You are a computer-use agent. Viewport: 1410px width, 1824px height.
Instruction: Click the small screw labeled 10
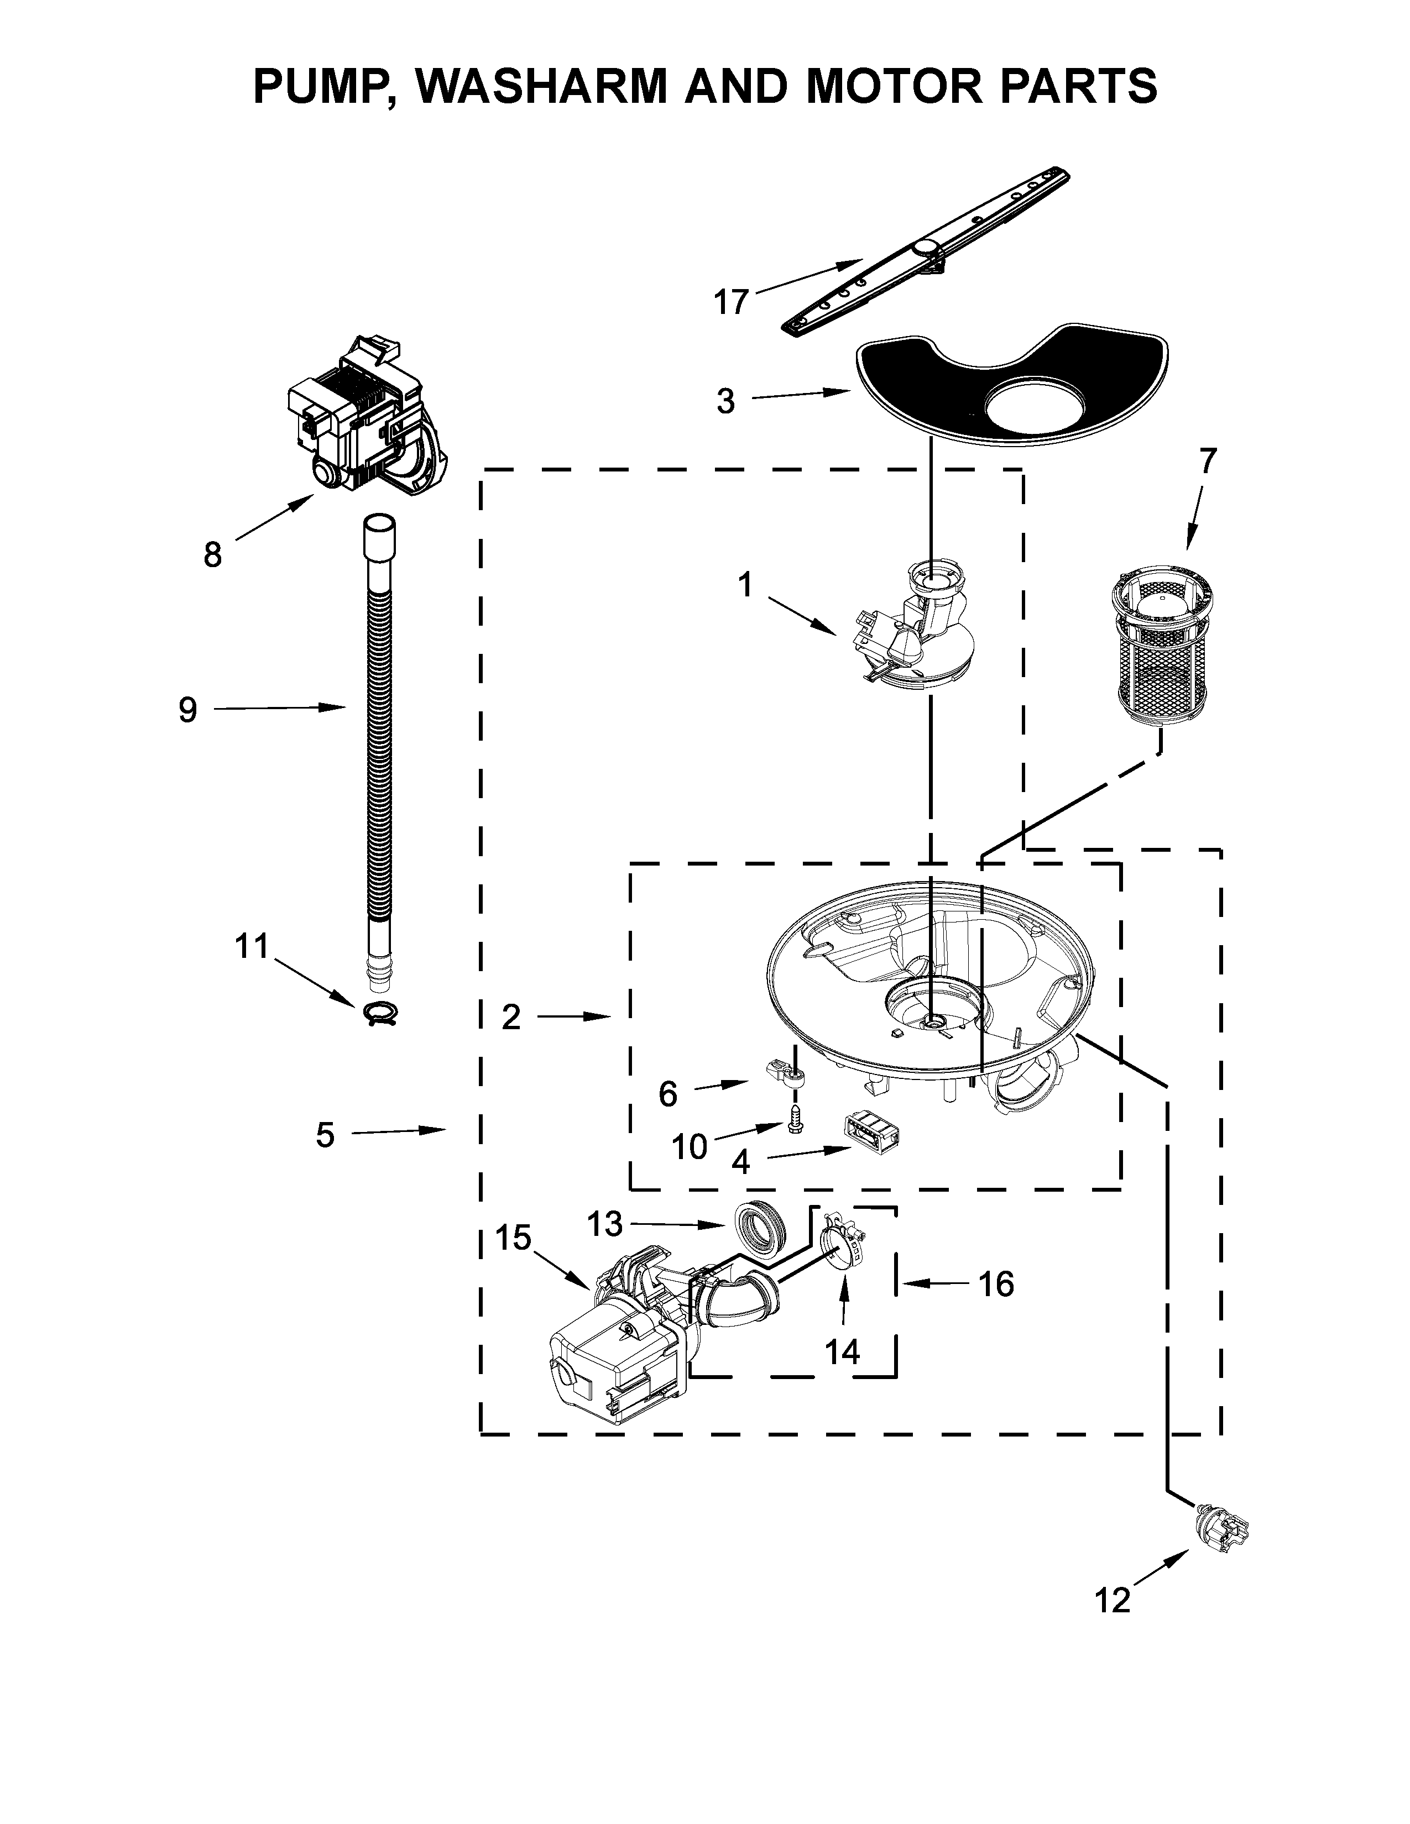(795, 1124)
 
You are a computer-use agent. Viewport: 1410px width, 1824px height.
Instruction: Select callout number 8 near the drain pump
(212, 554)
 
